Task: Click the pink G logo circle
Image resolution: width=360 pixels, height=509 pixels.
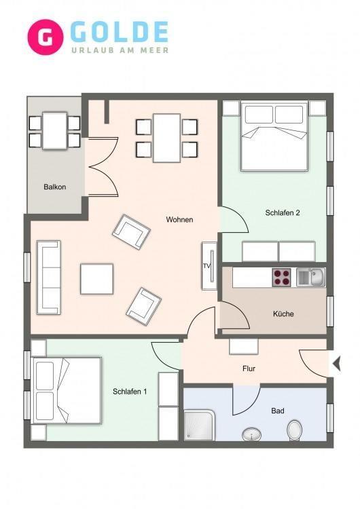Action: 45,37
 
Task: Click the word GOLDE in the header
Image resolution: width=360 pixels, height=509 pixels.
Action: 120,32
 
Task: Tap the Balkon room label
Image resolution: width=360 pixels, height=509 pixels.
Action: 54,187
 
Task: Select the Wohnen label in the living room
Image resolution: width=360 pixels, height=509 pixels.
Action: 179,220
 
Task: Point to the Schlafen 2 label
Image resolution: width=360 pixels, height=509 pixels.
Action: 283,213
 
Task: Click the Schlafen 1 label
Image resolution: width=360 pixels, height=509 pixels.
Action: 130,392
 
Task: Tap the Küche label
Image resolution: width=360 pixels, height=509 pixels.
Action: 283,314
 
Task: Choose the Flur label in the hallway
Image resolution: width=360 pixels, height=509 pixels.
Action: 249,369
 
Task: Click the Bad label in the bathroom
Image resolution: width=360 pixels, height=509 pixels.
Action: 278,411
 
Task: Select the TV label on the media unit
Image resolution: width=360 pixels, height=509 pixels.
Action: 206,266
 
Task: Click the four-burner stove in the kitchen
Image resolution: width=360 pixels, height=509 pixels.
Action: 281,277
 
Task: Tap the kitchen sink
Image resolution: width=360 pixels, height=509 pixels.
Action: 311,278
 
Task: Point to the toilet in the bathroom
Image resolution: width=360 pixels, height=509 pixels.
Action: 294,430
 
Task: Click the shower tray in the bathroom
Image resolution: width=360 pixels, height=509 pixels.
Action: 199,426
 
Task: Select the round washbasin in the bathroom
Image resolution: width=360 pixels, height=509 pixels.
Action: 252,434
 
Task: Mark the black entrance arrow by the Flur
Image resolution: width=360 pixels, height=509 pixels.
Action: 337,364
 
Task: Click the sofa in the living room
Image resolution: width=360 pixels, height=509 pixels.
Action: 49,278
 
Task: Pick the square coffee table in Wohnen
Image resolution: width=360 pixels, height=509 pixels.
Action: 97,279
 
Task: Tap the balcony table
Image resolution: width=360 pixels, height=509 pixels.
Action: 54,131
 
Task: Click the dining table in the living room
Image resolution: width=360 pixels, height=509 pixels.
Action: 166,138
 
